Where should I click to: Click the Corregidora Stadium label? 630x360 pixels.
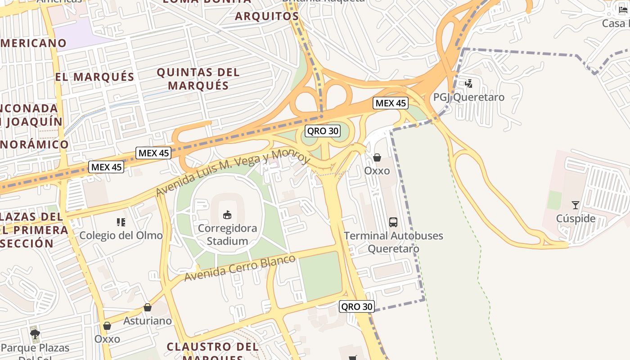tap(227, 234)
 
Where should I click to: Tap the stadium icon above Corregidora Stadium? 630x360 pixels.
tap(227, 215)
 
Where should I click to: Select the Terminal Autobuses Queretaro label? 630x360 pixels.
tap(393, 242)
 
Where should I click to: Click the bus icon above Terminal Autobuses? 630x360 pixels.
tap(393, 222)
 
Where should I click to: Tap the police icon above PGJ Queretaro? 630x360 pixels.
tap(469, 83)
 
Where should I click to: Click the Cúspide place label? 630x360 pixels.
tap(576, 219)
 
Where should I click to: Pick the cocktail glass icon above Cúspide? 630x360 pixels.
tap(576, 205)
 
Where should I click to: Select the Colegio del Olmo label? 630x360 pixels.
tap(121, 235)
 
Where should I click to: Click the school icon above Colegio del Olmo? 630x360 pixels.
tap(121, 222)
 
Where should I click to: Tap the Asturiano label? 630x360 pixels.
tap(148, 321)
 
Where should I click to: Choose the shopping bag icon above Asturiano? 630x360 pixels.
tap(148, 307)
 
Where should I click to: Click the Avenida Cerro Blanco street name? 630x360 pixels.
tap(239, 268)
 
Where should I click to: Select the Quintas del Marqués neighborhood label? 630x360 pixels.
tap(198, 79)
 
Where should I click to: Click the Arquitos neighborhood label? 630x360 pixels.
tap(267, 16)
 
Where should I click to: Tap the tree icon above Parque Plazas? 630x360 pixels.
tap(35, 334)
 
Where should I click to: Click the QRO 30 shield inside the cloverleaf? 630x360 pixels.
tap(322, 131)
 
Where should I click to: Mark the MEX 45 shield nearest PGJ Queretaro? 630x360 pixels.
tap(391, 103)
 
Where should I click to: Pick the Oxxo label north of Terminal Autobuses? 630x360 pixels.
tap(377, 171)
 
